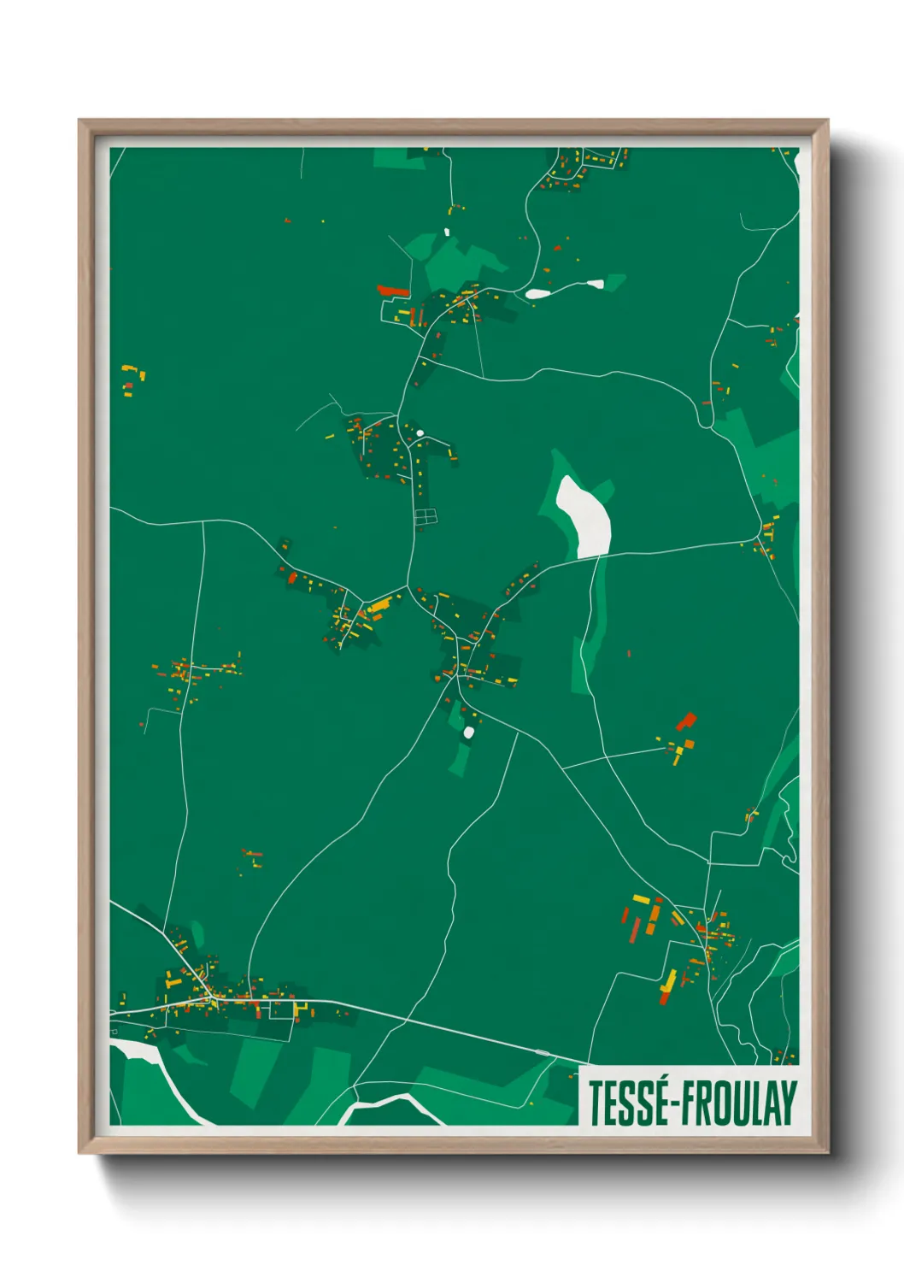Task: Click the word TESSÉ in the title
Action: click(x=627, y=1103)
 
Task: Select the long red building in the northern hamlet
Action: click(x=392, y=291)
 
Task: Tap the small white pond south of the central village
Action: click(x=468, y=733)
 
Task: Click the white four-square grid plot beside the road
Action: click(x=425, y=516)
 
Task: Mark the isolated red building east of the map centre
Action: click(x=686, y=721)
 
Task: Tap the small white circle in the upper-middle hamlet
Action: click(x=420, y=434)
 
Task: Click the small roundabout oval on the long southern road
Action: click(x=542, y=1051)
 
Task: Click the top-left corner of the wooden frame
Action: click(x=80, y=121)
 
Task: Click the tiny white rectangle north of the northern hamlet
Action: click(x=446, y=232)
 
